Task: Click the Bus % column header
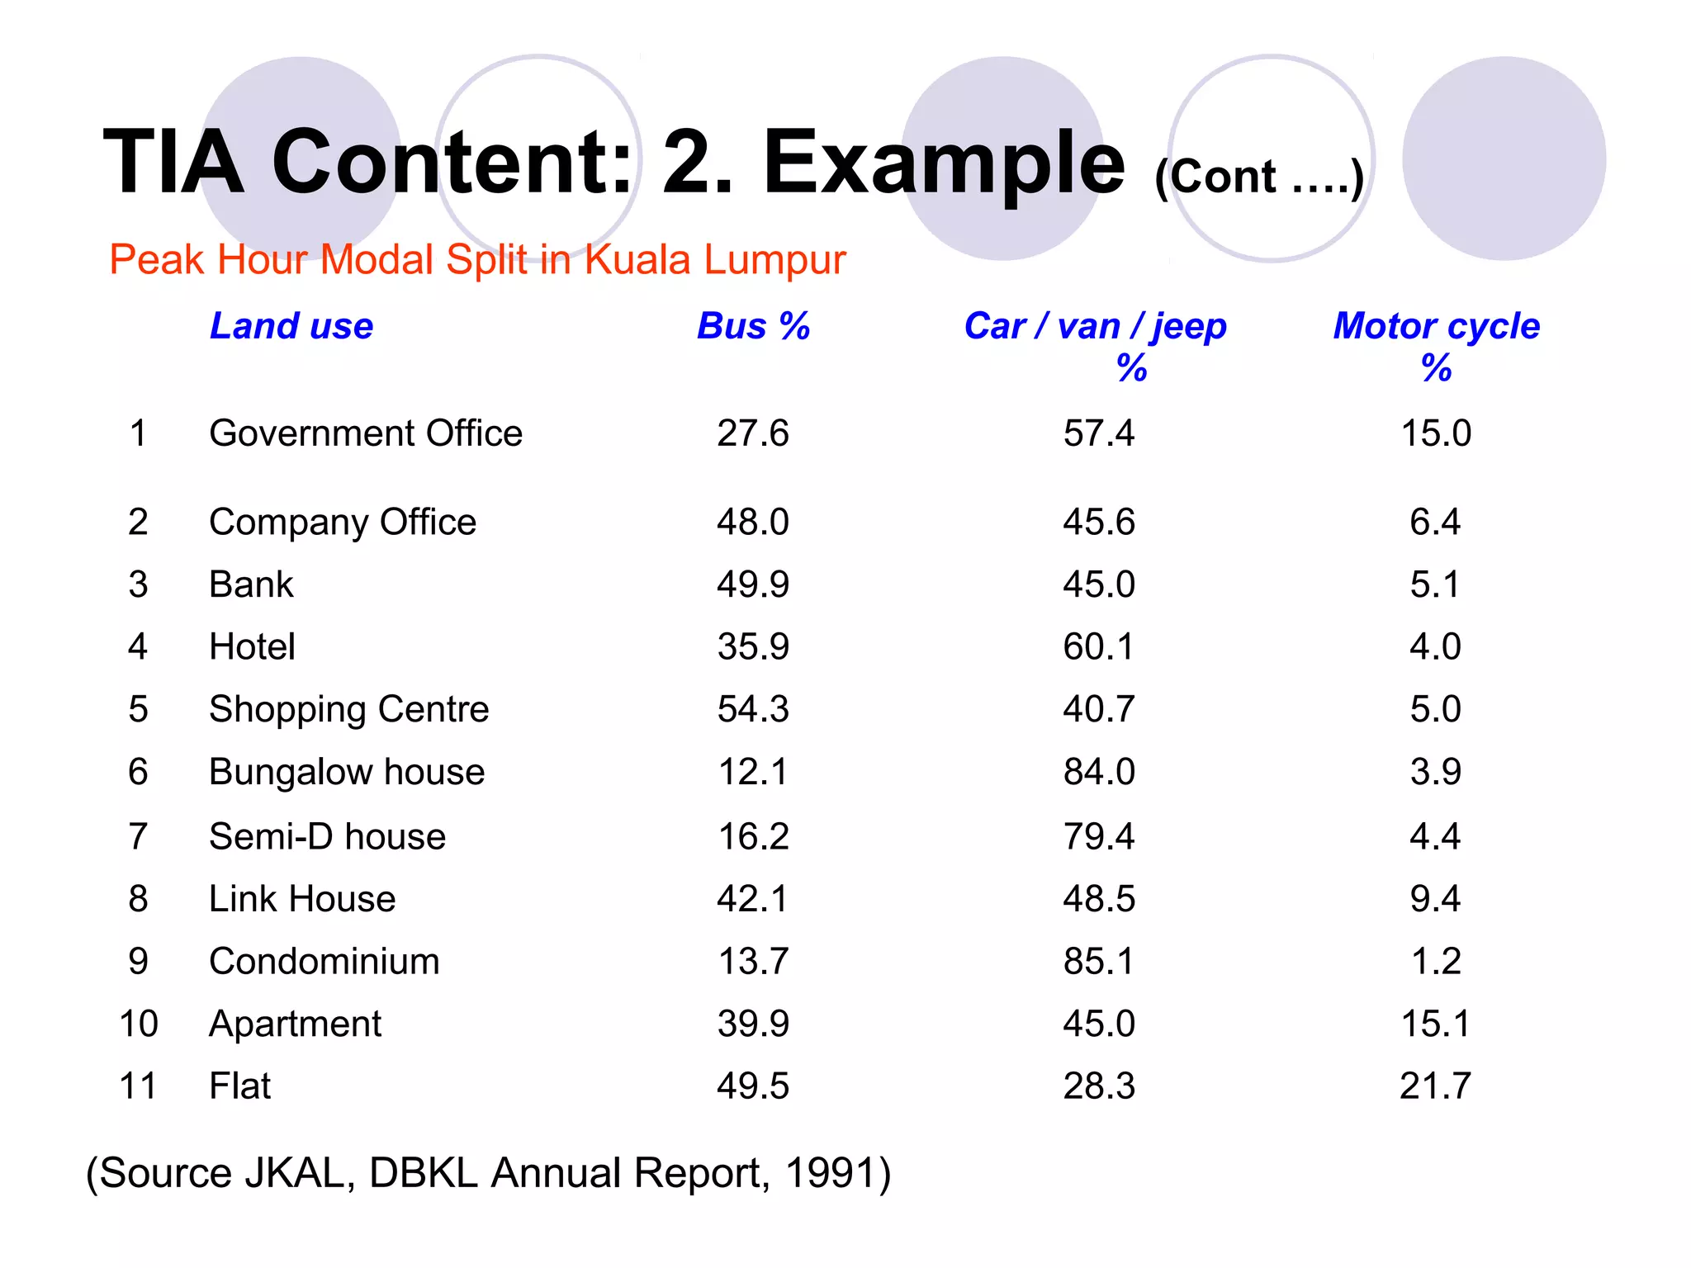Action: point(753,326)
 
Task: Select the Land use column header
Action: point(291,326)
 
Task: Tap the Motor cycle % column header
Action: point(1436,345)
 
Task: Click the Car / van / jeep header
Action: point(1096,327)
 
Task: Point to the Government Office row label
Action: point(366,433)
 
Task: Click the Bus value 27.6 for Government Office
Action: point(753,433)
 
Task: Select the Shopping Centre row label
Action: point(349,709)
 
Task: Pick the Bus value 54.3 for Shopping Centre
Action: point(753,709)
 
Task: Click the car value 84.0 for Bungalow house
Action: point(1099,772)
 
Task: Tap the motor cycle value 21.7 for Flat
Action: point(1435,1086)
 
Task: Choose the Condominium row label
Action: point(324,961)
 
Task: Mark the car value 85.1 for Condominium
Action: point(1099,961)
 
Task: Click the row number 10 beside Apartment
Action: point(139,1024)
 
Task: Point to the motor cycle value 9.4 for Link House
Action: point(1435,898)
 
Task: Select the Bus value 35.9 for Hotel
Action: point(753,646)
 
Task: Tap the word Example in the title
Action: point(944,163)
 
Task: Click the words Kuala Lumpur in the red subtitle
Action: point(715,260)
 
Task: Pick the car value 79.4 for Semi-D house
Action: point(1099,836)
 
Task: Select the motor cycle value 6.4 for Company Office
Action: point(1435,522)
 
